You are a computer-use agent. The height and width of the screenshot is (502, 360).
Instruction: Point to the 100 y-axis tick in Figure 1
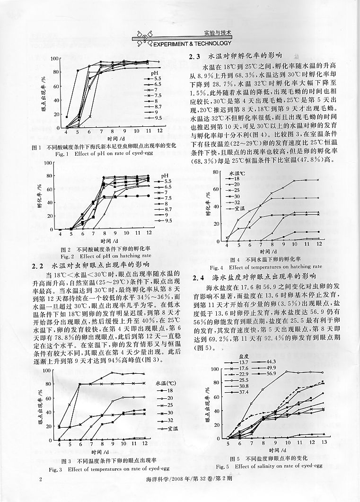pyautogui.click(x=55, y=59)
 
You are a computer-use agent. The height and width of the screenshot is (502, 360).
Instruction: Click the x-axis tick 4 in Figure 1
pyautogui.click(x=66, y=131)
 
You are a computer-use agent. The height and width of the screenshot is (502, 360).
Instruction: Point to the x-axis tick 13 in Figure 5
pyautogui.click(x=324, y=441)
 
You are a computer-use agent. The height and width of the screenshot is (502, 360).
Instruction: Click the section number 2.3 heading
pyautogui.click(x=196, y=56)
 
